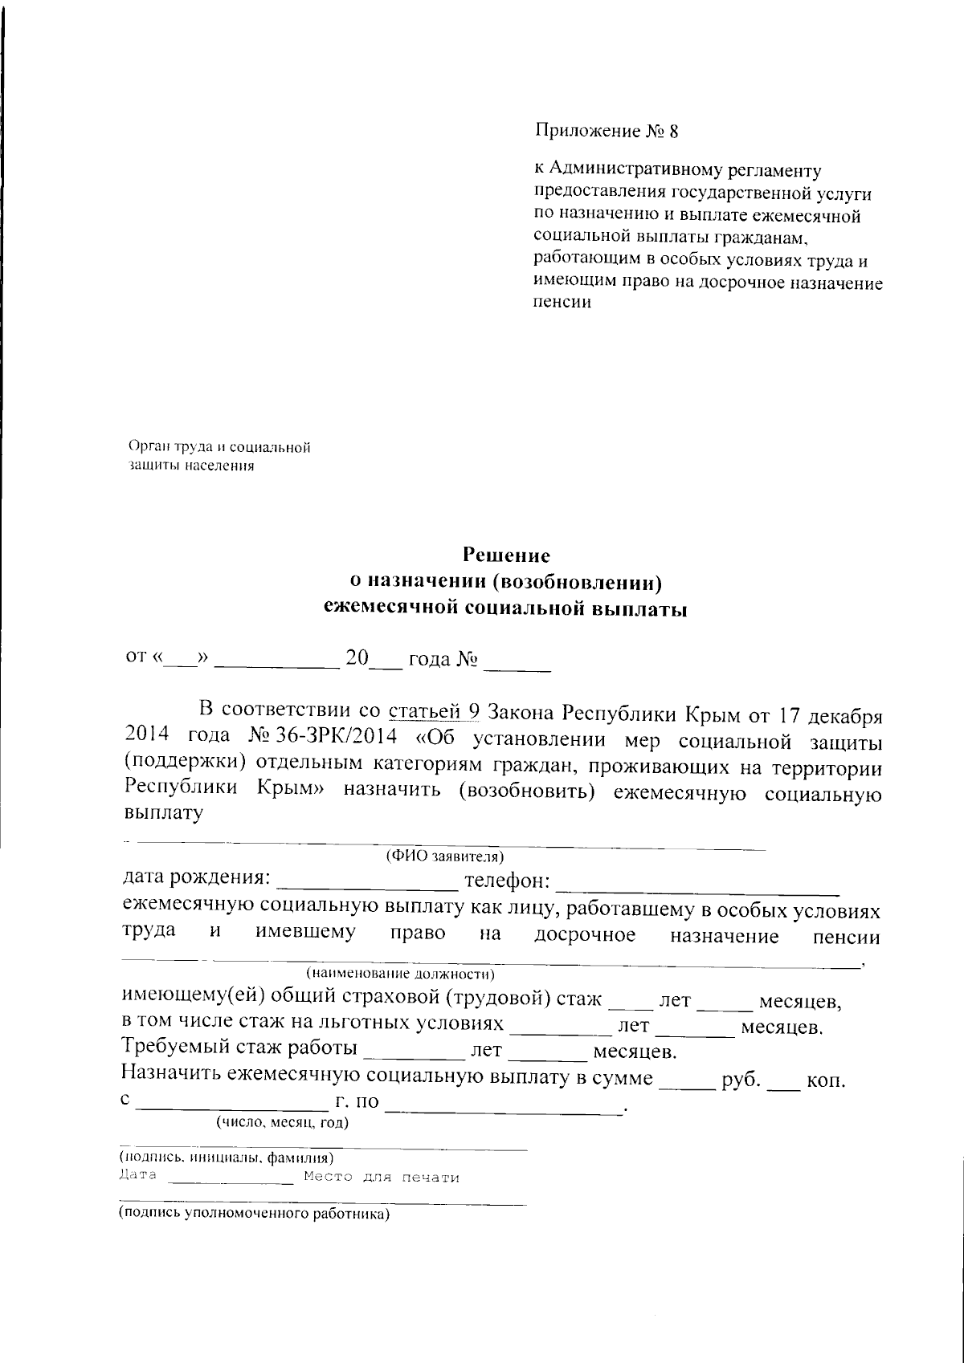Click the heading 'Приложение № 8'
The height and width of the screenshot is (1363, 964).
(607, 132)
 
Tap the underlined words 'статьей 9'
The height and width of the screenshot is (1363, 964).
(434, 710)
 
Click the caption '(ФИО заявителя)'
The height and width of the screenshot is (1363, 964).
(444, 856)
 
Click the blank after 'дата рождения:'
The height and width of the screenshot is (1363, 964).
(366, 885)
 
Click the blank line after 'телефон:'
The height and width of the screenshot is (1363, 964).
(697, 886)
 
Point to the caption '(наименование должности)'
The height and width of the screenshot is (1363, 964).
(400, 975)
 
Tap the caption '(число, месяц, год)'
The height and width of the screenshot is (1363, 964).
(281, 1122)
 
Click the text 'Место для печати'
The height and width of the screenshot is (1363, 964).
(382, 1178)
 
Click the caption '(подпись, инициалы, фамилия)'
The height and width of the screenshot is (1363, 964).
(227, 1158)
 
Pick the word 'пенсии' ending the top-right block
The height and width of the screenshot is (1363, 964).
(562, 303)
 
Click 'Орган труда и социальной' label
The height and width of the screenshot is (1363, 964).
(219, 448)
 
